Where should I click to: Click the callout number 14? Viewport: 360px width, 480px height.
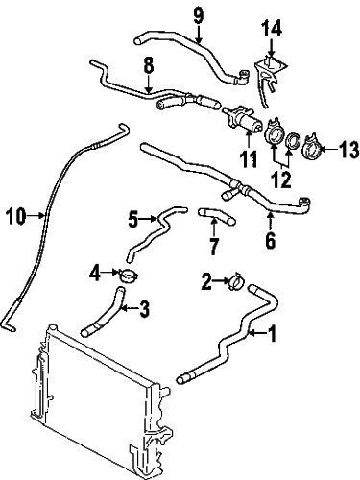[273, 29]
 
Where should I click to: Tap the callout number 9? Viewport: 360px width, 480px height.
[199, 16]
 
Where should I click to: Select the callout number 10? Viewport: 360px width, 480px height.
[16, 216]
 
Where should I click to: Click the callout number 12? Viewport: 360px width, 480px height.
[281, 180]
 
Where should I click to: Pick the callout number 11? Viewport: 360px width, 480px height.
[249, 158]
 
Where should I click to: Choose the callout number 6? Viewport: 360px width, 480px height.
[271, 240]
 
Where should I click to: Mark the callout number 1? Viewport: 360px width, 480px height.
[272, 334]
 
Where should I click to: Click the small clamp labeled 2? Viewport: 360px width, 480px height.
[236, 281]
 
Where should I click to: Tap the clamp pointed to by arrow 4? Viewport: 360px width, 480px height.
[128, 276]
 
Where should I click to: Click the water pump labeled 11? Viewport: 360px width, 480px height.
[242, 118]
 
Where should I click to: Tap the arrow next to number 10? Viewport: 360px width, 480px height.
[36, 216]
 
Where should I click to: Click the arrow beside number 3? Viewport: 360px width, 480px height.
[131, 308]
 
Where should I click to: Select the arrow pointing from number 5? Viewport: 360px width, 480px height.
[149, 219]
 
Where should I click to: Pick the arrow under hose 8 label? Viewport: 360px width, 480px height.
[148, 83]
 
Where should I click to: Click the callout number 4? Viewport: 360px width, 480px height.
[95, 274]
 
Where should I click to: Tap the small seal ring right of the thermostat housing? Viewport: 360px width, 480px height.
[293, 140]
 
